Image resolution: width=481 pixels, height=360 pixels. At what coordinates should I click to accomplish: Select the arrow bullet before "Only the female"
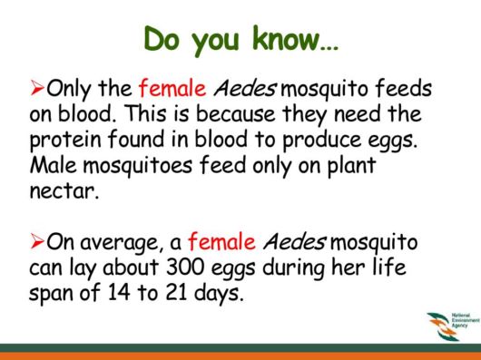click(x=37, y=88)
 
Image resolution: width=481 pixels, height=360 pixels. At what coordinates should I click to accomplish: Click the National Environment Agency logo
click(x=445, y=323)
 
